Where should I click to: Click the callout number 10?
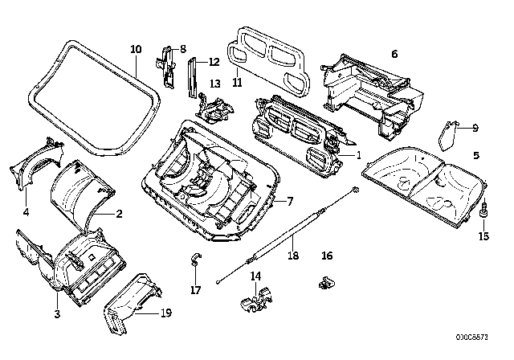136,49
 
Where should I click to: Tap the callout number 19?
166,314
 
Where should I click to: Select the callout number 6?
394,54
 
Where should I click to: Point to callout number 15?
483,235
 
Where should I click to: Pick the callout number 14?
256,276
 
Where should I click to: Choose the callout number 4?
26,213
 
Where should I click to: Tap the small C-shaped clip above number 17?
194,259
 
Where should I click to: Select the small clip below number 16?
324,282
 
